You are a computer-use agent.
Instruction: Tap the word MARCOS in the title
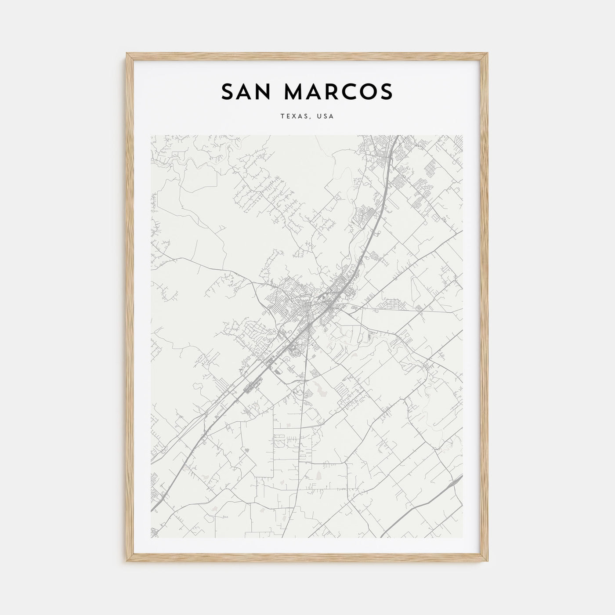point(338,91)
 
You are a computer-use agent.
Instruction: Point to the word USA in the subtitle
point(326,116)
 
